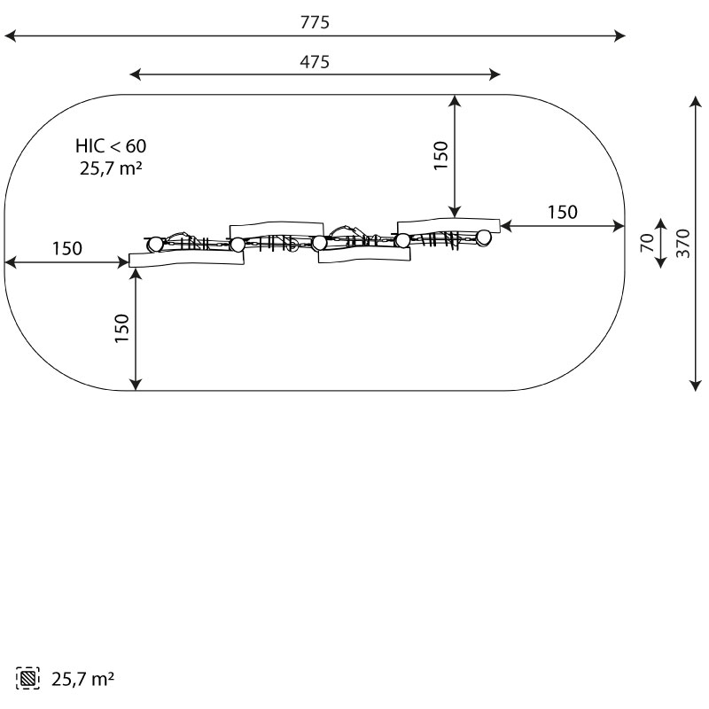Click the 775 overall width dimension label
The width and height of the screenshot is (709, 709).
pyautogui.click(x=315, y=22)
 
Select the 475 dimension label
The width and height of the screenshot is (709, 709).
pyautogui.click(x=315, y=62)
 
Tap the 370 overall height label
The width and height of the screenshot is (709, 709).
pyautogui.click(x=683, y=243)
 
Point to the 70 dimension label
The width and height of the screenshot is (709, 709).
pyautogui.click(x=648, y=243)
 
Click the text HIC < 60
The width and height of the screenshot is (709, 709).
pyautogui.click(x=111, y=146)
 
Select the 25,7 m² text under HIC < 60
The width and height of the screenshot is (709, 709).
pyautogui.click(x=111, y=168)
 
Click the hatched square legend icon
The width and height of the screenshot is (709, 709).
pyautogui.click(x=27, y=678)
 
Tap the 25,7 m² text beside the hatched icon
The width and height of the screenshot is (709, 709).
pyautogui.click(x=82, y=679)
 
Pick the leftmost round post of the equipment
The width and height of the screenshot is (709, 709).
pyautogui.click(x=155, y=245)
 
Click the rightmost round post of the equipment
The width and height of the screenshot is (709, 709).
pyautogui.click(x=483, y=237)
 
